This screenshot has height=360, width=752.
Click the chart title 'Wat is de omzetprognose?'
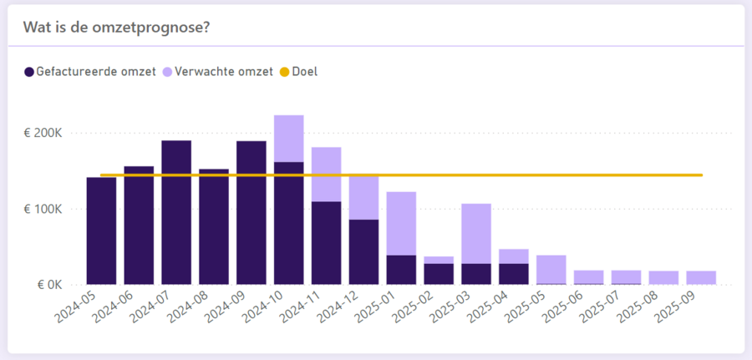point(115,27)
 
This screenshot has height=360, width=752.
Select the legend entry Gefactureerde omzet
point(95,72)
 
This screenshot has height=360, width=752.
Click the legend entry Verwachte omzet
point(225,72)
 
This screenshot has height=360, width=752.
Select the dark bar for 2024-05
point(101,231)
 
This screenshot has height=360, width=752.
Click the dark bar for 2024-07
point(176,212)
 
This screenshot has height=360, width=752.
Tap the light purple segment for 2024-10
point(289,139)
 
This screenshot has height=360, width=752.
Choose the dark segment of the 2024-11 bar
point(327,242)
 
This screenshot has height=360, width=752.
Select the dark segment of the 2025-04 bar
point(514,274)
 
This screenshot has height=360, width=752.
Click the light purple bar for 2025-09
point(701,277)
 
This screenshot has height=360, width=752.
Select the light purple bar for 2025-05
point(551,269)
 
